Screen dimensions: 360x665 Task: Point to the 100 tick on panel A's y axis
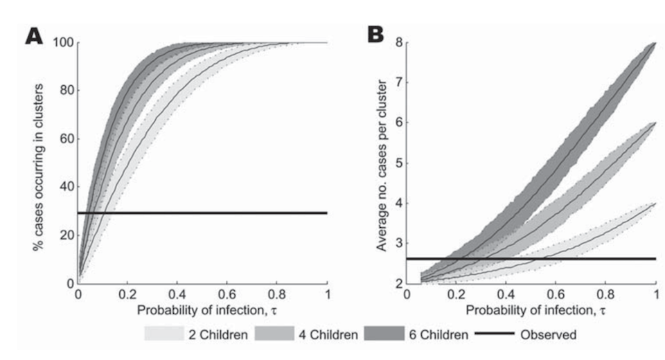pyautogui.click(x=62, y=42)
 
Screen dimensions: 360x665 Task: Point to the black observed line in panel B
pyautogui.click(x=554, y=258)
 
